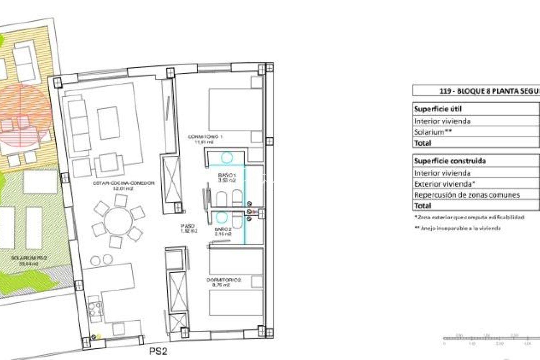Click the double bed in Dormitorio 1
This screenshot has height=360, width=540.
click(x=231, y=109)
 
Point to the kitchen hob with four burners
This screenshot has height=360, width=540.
click(x=95, y=308)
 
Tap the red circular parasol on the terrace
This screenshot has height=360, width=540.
click(x=25, y=115)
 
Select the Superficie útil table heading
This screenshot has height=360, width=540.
click(x=438, y=109)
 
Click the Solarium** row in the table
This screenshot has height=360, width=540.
click(x=433, y=132)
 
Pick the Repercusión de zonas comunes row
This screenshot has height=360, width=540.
click(x=467, y=195)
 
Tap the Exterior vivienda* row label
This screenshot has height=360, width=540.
click(x=444, y=184)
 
